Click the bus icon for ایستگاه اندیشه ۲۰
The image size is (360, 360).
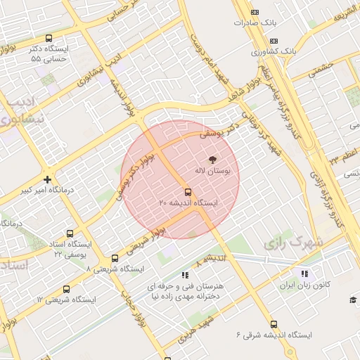coord(188,191)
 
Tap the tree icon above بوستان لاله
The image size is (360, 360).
coord(214,160)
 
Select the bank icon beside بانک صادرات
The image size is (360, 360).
coord(255,12)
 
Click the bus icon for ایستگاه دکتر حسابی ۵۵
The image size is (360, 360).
coord(49,39)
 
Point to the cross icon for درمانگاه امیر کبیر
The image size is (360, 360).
coord(47,179)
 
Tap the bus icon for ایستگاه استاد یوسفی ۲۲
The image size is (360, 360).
coord(70,233)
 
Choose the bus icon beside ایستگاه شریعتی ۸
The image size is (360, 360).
coord(115,258)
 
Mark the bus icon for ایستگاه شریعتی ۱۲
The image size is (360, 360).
coord(67,289)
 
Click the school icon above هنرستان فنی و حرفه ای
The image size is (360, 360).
coord(185,275)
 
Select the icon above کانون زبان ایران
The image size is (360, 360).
coord(304,274)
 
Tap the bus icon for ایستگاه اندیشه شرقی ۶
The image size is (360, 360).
coord(274,324)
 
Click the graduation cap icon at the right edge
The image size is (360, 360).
coord(353,301)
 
